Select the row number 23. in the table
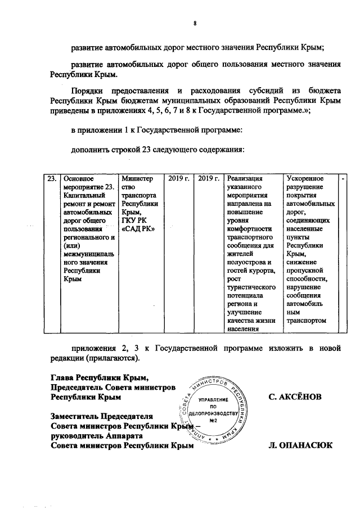51,179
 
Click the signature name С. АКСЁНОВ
295,397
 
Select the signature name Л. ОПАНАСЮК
301,446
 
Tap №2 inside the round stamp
213,420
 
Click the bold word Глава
62,377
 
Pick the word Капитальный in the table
84,195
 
